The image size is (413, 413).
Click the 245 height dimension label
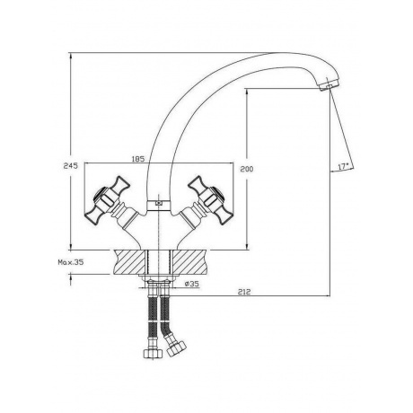pos(71,165)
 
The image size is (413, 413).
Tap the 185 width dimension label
pos(138,158)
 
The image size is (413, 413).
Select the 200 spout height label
pos(247,169)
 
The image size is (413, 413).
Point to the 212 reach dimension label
pos(244,292)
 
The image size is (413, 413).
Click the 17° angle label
pos(343,166)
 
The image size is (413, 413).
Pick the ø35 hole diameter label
pos(192,284)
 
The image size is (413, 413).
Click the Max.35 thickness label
pos(71,262)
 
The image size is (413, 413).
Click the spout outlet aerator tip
pos(329,85)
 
